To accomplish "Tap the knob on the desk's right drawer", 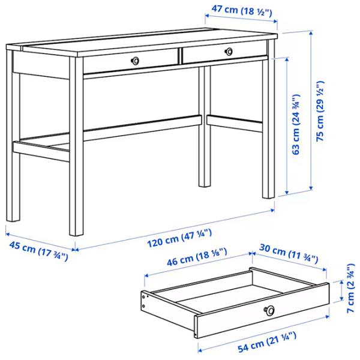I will click(x=228, y=52).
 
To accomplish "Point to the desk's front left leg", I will click(x=75, y=150).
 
